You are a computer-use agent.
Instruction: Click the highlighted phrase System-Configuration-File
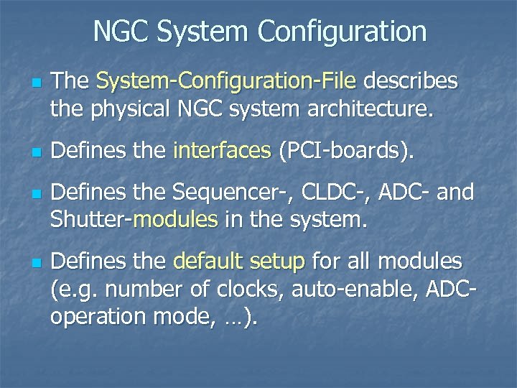tap(226, 82)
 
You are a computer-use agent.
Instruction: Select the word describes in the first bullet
tap(410, 82)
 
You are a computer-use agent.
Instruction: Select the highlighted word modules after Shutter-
tap(175, 219)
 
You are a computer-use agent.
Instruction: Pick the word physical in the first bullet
tap(133, 111)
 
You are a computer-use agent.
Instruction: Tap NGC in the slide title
tap(121, 31)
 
